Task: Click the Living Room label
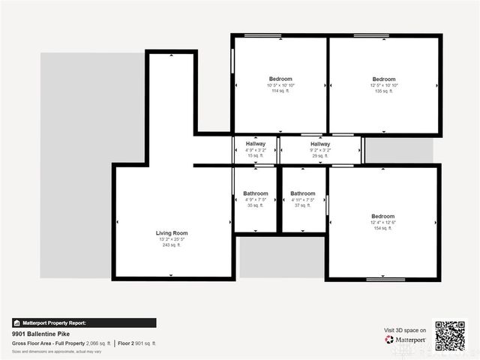point(172,233)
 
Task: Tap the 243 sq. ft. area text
point(172,245)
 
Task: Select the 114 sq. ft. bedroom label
point(280,79)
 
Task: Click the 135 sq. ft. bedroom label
point(384,79)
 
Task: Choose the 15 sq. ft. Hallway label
point(255,144)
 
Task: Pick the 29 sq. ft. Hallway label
point(320,144)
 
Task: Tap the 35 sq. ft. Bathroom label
point(255,193)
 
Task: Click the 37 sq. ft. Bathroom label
point(303,193)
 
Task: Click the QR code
point(450,336)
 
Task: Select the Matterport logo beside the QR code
point(405,340)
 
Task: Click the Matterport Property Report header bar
point(84,323)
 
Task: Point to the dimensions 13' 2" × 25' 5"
point(172,239)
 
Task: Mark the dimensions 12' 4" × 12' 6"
point(382,222)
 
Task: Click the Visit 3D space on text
point(405,330)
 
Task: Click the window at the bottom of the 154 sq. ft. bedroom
point(385,280)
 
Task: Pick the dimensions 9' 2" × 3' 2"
point(320,150)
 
